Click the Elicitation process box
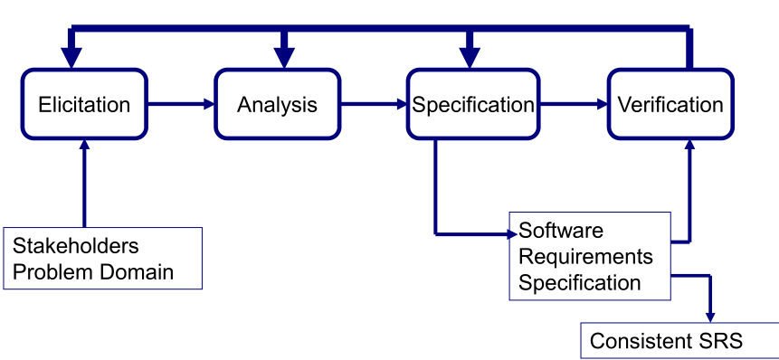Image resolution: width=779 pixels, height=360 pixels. (84, 104)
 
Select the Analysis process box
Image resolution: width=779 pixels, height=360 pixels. (277, 104)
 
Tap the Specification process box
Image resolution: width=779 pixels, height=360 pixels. (472, 104)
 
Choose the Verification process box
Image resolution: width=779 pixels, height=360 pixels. (670, 104)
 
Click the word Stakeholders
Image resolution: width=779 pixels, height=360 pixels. (76, 246)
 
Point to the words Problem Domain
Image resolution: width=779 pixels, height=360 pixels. (92, 271)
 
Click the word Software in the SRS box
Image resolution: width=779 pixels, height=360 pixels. (561, 231)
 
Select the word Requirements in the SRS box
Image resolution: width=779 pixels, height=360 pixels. (585, 257)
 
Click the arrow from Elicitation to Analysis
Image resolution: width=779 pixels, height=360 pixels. (181, 104)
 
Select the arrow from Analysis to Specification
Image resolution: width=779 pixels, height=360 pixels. (375, 104)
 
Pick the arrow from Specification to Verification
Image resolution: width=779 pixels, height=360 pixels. (574, 104)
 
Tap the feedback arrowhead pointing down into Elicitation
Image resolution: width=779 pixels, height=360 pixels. (71, 57)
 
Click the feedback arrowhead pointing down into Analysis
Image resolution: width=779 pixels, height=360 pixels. (285, 57)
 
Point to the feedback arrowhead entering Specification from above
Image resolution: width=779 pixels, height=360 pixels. (469, 57)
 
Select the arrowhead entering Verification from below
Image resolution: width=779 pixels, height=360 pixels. (690, 147)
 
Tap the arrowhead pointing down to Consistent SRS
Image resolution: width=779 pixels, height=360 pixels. (708, 314)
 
